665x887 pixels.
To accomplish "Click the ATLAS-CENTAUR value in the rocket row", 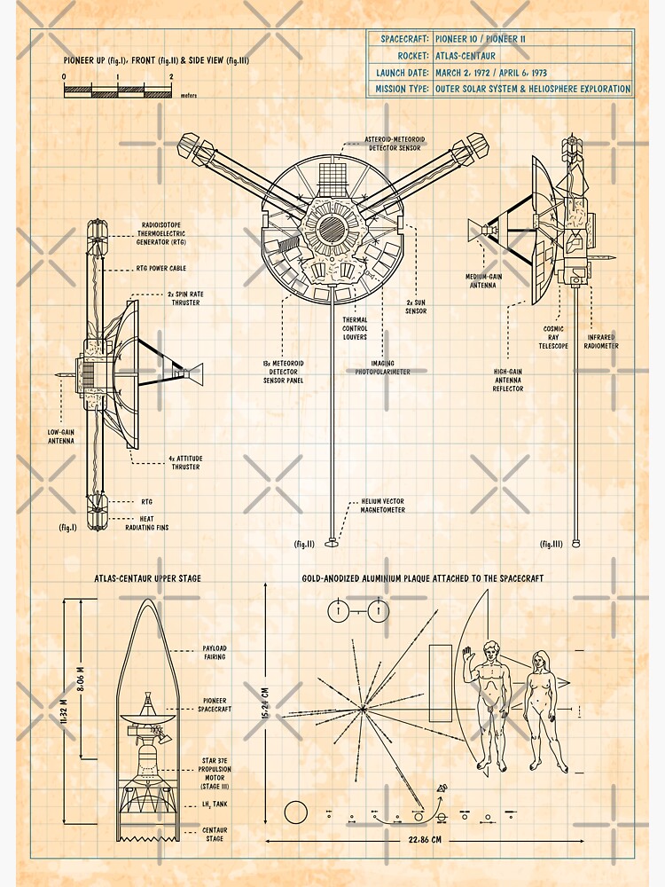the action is (x=465, y=55).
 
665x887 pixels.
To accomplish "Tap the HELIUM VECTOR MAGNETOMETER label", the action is (x=383, y=506).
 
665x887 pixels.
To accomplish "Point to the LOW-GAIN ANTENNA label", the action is (x=60, y=436).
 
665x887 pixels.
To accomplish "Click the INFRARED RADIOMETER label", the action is (x=602, y=341).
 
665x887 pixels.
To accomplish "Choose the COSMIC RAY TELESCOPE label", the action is (x=556, y=337).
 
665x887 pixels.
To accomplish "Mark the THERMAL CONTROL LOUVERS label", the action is (x=355, y=328).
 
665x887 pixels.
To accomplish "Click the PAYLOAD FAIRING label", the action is (x=215, y=653).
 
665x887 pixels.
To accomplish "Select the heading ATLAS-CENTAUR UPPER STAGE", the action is (x=147, y=578).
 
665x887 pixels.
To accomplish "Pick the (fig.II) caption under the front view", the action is (x=304, y=543).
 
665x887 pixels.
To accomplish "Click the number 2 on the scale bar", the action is (x=171, y=77).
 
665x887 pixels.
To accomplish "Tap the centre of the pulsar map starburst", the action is (x=362, y=707).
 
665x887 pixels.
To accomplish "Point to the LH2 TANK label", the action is (x=213, y=805).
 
